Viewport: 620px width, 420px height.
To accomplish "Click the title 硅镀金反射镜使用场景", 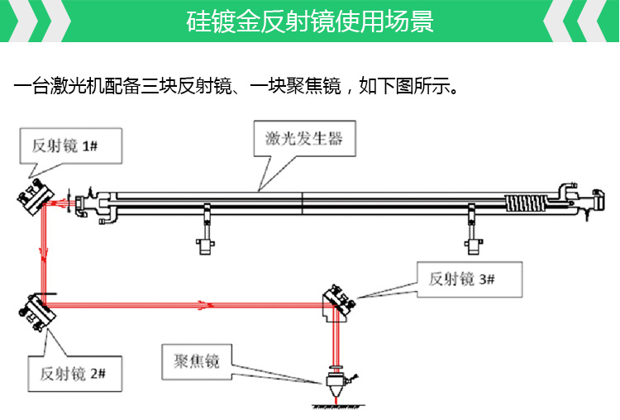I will [309, 21].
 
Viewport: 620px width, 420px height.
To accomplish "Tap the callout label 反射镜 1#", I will [65, 146].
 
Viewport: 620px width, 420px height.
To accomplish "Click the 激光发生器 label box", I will [304, 138].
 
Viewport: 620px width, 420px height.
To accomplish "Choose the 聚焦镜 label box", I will [197, 361].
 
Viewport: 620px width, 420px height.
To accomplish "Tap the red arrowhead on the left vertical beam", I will [41, 263].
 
